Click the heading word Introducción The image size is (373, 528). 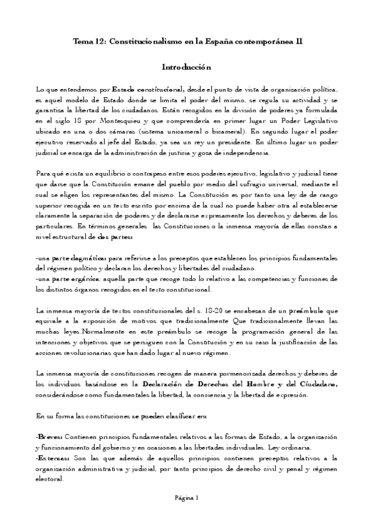tap(187, 67)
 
